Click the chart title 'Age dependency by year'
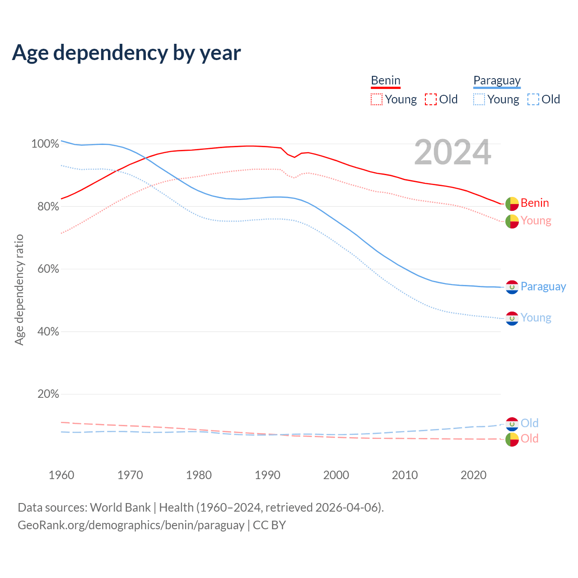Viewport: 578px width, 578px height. click(x=126, y=53)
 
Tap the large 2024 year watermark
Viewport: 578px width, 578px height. click(x=452, y=153)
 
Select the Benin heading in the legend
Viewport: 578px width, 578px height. click(x=386, y=81)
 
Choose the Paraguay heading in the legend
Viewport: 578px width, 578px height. click(x=497, y=81)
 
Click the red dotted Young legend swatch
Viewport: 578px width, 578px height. click(x=377, y=99)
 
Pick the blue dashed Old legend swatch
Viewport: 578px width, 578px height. click(x=533, y=99)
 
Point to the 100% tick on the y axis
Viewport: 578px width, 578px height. click(x=45, y=144)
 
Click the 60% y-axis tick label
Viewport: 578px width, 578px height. click(x=47, y=269)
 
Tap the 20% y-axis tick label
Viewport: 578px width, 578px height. click(x=47, y=394)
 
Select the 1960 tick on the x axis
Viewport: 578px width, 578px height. click(x=61, y=475)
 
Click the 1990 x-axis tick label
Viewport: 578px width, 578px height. click(x=267, y=475)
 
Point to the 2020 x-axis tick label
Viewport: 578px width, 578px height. click(x=473, y=475)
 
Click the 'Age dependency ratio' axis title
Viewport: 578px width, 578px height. click(x=19, y=289)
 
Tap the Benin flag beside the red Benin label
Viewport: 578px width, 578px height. click(x=512, y=204)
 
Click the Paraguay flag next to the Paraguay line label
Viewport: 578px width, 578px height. click(x=512, y=287)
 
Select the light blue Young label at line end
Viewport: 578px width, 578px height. click(x=536, y=318)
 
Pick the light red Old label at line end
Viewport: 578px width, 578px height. click(x=530, y=439)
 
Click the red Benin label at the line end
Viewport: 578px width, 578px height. click(x=535, y=203)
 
